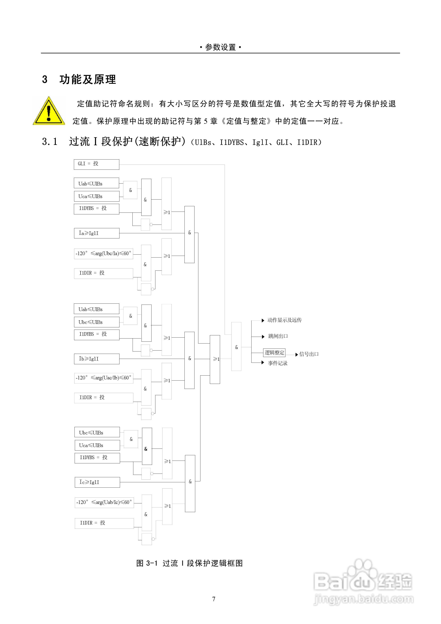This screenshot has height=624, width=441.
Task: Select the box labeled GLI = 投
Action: point(96,164)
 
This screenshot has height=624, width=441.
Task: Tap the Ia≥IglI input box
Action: point(96,233)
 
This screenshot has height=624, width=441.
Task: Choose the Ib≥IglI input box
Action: point(96,359)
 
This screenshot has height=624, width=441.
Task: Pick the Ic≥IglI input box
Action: point(97,482)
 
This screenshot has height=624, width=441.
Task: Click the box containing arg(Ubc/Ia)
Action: point(104,254)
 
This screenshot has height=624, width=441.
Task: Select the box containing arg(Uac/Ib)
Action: point(104,378)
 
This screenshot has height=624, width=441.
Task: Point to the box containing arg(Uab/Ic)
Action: point(104,502)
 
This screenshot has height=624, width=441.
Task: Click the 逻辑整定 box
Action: point(274,353)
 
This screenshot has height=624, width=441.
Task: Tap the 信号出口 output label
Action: point(309,354)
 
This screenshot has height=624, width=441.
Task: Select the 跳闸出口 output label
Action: point(278,336)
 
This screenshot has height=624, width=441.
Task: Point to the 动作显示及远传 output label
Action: point(284,320)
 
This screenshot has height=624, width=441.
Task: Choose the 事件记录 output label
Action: point(278,363)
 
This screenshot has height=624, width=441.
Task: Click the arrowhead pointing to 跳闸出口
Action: point(263,337)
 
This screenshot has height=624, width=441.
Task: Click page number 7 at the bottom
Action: point(214,599)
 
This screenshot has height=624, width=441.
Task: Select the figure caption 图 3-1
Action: point(189,563)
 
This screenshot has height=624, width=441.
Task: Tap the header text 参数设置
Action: point(220,48)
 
